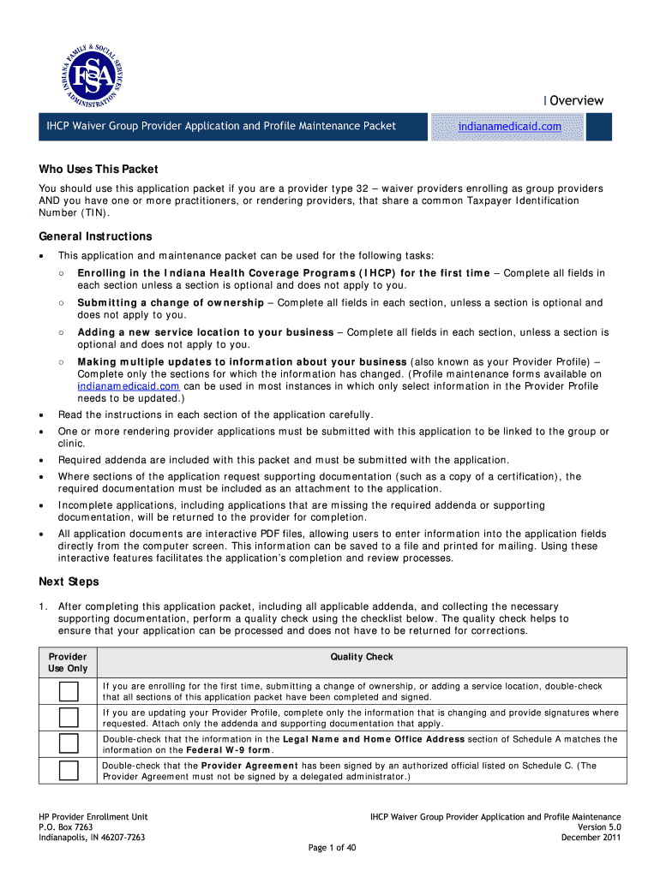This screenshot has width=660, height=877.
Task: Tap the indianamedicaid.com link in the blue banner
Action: (x=509, y=127)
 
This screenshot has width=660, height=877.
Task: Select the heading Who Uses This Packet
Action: (x=99, y=169)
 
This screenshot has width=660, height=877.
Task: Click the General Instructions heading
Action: (x=95, y=236)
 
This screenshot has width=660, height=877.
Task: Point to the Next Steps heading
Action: (x=69, y=582)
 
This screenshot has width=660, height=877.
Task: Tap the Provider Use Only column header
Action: (x=69, y=662)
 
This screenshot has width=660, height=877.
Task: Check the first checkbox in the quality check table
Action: (x=69, y=691)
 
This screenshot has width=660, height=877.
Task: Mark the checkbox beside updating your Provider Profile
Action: (x=69, y=718)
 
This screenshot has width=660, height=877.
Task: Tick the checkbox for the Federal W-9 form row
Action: (x=69, y=743)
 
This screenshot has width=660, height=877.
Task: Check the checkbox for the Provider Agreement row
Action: (x=69, y=770)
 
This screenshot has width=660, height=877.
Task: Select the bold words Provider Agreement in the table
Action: (x=249, y=766)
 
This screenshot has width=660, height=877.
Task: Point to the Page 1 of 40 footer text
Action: (x=331, y=848)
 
